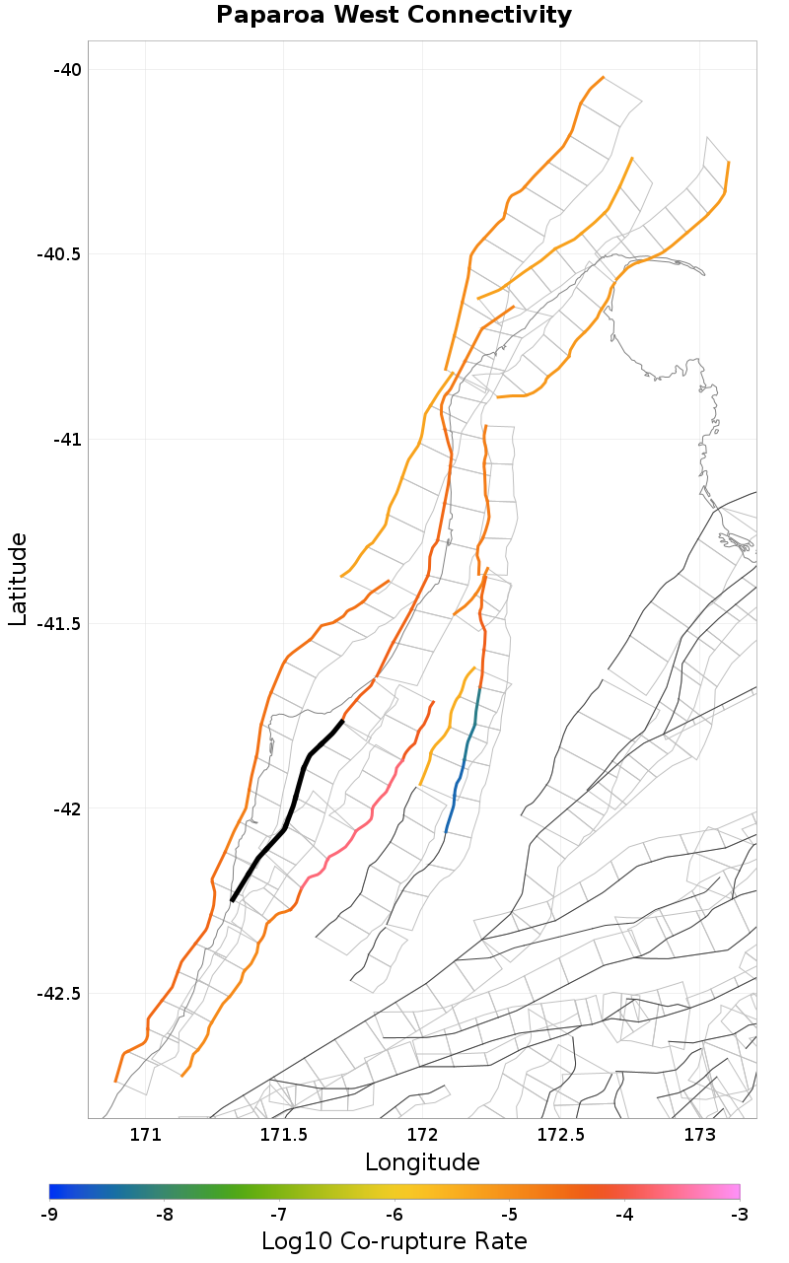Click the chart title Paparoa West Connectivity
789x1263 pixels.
click(x=394, y=16)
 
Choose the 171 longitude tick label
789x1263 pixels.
click(x=145, y=1134)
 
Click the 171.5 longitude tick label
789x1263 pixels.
click(x=284, y=1134)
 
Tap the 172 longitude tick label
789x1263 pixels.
click(x=422, y=1134)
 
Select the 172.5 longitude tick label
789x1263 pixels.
click(x=560, y=1134)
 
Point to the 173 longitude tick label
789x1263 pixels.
click(x=699, y=1134)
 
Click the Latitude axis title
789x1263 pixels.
click(x=18, y=579)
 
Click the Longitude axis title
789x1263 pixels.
click(x=422, y=1162)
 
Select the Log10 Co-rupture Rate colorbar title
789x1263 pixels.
click(x=394, y=1241)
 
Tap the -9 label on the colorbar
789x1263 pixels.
click(x=49, y=1214)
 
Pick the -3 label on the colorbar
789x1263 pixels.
click(x=740, y=1214)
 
